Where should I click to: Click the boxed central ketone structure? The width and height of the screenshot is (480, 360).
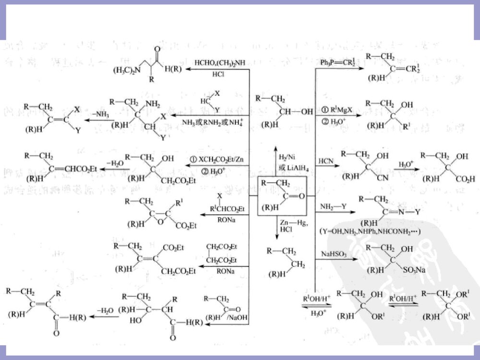click(x=282, y=196)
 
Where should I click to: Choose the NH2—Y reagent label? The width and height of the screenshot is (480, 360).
click(x=330, y=206)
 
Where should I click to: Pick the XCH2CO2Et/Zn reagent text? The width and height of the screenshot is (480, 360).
click(x=217, y=158)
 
